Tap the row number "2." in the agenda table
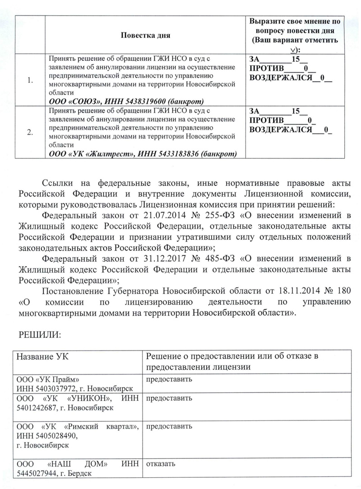point(30,132)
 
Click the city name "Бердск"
point(81,473)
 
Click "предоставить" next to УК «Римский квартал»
point(169,426)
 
